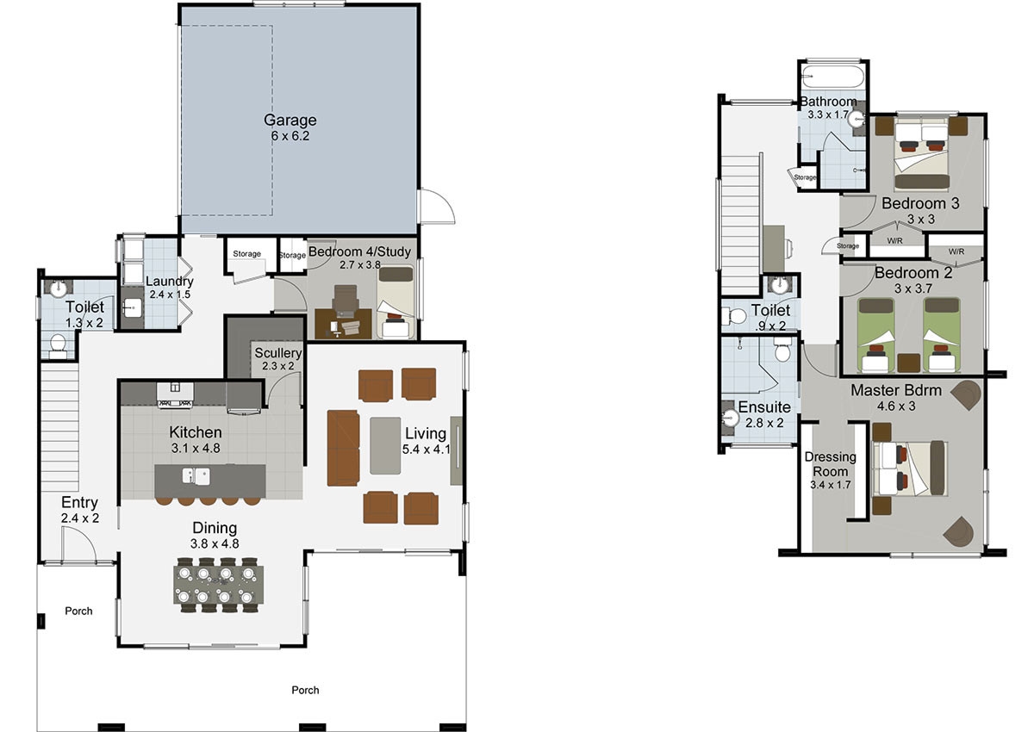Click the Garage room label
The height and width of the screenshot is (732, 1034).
pyautogui.click(x=290, y=120)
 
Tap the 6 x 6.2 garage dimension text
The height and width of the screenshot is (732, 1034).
pyautogui.click(x=290, y=136)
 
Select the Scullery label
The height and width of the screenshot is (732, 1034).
pyautogui.click(x=277, y=353)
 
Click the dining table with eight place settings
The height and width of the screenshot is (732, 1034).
pyautogui.click(x=218, y=585)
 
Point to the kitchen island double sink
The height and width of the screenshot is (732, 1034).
pyautogui.click(x=196, y=475)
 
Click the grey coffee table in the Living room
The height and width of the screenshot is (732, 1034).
pyautogui.click(x=385, y=445)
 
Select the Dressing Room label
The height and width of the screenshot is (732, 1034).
pyautogui.click(x=830, y=464)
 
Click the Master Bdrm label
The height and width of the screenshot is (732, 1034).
pyautogui.click(x=895, y=390)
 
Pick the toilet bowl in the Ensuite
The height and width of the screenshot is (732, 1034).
pyautogui.click(x=782, y=351)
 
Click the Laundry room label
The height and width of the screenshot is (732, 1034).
pyautogui.click(x=170, y=281)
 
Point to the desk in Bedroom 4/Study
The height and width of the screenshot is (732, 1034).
pyautogui.click(x=343, y=324)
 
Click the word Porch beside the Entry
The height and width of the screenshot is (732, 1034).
pyautogui.click(x=78, y=611)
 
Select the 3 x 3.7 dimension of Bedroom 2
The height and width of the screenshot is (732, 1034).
pyautogui.click(x=913, y=288)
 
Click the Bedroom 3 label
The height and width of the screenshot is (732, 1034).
pyautogui.click(x=920, y=203)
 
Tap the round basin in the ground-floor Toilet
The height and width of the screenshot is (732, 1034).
pyautogui.click(x=59, y=288)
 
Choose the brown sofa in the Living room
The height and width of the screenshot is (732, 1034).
pyautogui.click(x=343, y=448)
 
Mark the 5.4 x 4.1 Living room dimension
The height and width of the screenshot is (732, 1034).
pyautogui.click(x=425, y=450)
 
